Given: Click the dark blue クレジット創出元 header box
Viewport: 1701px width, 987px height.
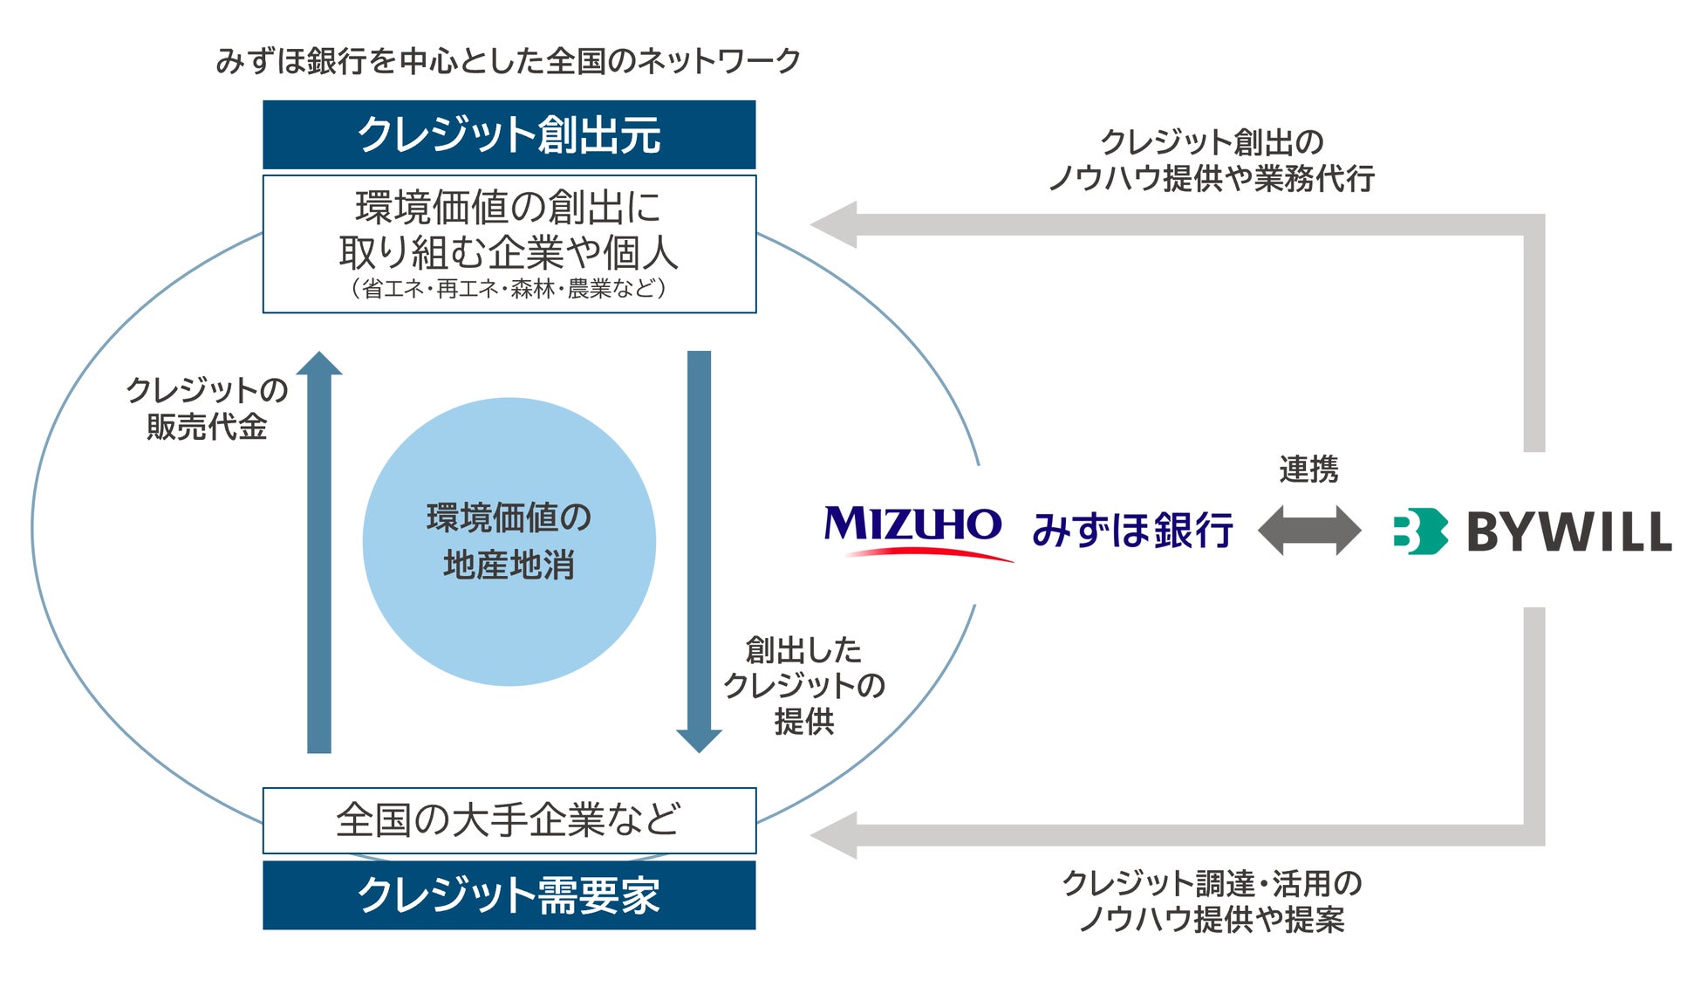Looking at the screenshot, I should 509,134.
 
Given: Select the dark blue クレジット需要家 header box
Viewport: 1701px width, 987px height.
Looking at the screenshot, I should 509,894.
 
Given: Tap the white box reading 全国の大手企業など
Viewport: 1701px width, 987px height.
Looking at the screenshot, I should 509,820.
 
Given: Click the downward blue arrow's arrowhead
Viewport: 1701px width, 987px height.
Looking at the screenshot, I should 699,740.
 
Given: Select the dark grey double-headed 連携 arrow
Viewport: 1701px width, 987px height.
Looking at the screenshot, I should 1308,530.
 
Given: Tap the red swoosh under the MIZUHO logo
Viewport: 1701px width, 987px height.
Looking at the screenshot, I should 925,552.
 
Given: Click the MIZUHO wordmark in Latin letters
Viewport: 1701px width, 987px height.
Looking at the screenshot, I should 912,524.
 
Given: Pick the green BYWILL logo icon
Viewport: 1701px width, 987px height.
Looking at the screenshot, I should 1419,531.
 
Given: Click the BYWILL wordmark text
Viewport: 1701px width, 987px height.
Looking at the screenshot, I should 1568,531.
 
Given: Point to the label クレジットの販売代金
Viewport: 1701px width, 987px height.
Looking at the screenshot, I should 207,408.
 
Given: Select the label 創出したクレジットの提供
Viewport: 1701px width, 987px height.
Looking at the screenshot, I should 803,685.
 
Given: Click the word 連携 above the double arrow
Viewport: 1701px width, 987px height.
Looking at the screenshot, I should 1308,470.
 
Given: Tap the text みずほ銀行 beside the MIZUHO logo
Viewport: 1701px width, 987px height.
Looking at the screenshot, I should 1132,530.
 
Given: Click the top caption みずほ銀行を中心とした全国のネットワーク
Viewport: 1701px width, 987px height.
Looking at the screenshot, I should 508,61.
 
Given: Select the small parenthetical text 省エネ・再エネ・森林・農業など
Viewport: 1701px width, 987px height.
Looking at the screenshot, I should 509,288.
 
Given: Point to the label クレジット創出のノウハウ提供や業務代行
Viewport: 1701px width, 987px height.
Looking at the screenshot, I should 1212,160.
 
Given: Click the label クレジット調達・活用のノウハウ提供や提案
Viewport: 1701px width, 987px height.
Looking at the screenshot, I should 1212,901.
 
